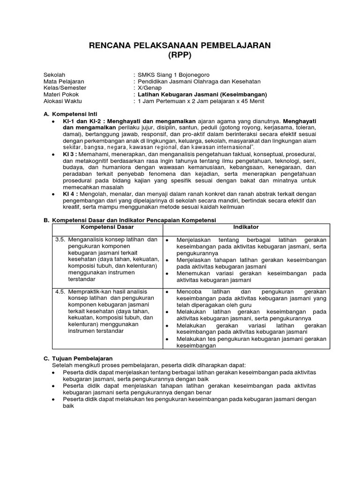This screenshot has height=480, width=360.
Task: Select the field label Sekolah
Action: (54, 75)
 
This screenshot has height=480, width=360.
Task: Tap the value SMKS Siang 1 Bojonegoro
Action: (171, 75)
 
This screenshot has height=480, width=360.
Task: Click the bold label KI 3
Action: (68, 154)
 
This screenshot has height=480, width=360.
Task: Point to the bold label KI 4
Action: (68, 194)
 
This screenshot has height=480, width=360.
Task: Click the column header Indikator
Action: (246, 227)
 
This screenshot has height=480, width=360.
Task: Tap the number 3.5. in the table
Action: (60, 240)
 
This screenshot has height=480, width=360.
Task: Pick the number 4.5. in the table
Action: (60, 292)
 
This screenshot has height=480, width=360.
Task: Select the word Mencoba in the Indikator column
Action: (189, 292)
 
